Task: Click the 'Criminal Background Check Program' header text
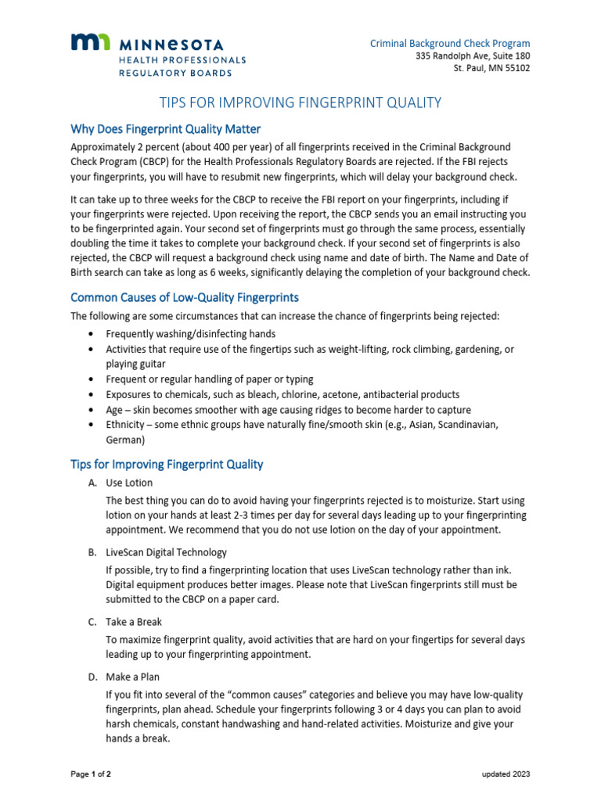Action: pos(450,44)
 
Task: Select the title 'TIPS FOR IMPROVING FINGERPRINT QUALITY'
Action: pos(300,102)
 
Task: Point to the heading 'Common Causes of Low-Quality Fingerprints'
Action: pos(185,297)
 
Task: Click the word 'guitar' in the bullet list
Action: pos(152,364)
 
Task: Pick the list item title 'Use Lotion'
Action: pos(129,483)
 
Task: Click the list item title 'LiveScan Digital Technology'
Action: pos(166,552)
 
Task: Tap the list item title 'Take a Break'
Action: pos(134,622)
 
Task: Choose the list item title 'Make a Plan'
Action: pos(132,677)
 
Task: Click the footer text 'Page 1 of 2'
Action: pos(91,774)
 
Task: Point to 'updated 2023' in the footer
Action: pos(506,774)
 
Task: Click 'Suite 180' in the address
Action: pos(511,56)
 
